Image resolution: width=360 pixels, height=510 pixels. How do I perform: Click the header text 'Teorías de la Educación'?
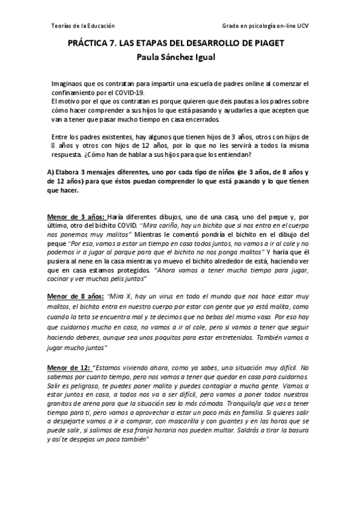(81, 26)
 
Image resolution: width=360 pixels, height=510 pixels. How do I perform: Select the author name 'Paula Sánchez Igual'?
(180, 58)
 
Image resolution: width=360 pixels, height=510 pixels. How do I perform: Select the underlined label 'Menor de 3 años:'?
(77, 216)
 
